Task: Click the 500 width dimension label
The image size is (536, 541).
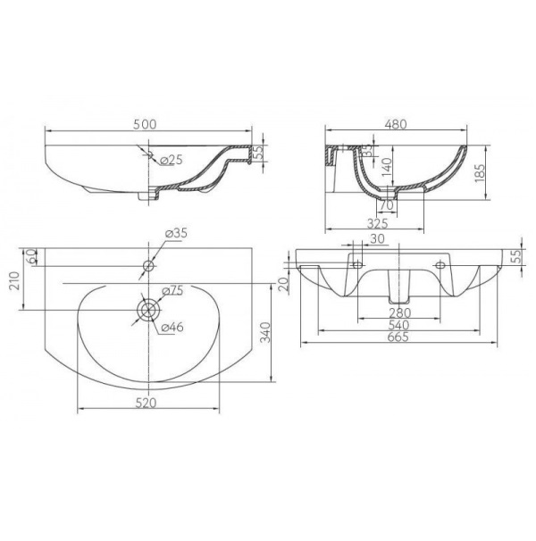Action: coord(145,124)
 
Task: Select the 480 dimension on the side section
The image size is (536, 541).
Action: coord(395,124)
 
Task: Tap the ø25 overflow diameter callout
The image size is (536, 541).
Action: coord(172,160)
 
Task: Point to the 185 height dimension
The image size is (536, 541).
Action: coord(480,173)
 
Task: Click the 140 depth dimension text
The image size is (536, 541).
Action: coord(388,167)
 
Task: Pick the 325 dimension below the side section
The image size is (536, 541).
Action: coord(378,223)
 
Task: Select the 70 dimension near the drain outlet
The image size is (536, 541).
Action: coord(387,205)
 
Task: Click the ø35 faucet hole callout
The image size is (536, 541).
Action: coord(176,233)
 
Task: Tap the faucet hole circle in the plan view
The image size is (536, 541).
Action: coord(148,266)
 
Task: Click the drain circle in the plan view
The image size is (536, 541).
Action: coord(149,310)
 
